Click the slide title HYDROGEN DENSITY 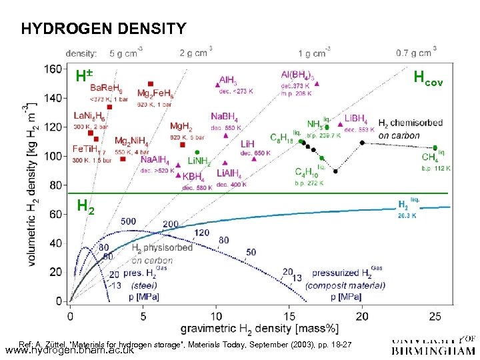[x=103, y=29]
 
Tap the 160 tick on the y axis [x=53, y=69]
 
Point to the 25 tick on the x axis [x=435, y=315]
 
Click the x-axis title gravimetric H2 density [x=259, y=328]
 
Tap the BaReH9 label [x=107, y=87]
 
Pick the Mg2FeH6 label [x=155, y=93]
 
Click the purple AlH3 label [x=231, y=79]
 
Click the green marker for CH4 [x=435, y=147]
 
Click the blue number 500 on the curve [x=129, y=221]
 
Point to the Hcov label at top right [x=429, y=77]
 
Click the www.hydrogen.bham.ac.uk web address [x=69, y=349]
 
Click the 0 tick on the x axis [x=69, y=315]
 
